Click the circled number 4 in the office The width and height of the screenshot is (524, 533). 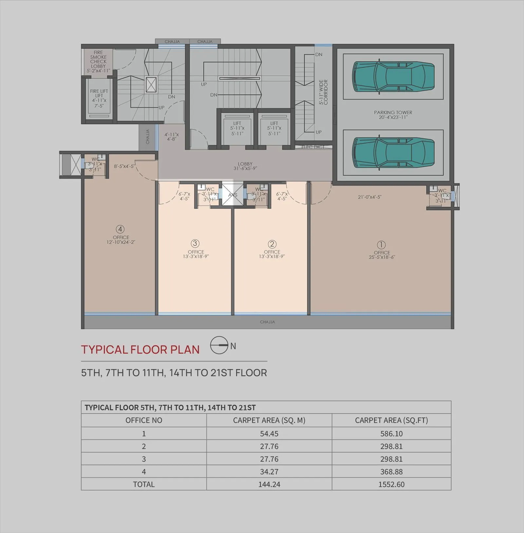point(120,229)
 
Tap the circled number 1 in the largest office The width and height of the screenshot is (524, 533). point(381,245)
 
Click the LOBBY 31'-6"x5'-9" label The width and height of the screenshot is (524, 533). point(245,166)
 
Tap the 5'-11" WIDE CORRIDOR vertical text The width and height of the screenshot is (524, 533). point(323,92)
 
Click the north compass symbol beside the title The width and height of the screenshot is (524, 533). point(219,345)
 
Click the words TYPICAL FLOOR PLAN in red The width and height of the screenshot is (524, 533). point(140,349)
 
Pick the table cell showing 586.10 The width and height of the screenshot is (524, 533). point(391,434)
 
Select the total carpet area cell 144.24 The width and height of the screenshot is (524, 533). point(269,484)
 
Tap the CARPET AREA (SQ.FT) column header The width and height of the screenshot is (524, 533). point(391,420)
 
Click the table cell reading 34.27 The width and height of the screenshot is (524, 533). point(269,471)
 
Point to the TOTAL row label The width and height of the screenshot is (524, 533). point(144,484)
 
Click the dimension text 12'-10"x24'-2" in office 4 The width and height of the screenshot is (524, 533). point(121,242)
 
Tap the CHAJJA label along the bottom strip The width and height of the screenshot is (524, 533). point(268,322)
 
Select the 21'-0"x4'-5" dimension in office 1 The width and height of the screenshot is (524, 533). point(369,197)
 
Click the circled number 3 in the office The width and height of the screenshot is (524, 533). point(195,243)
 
